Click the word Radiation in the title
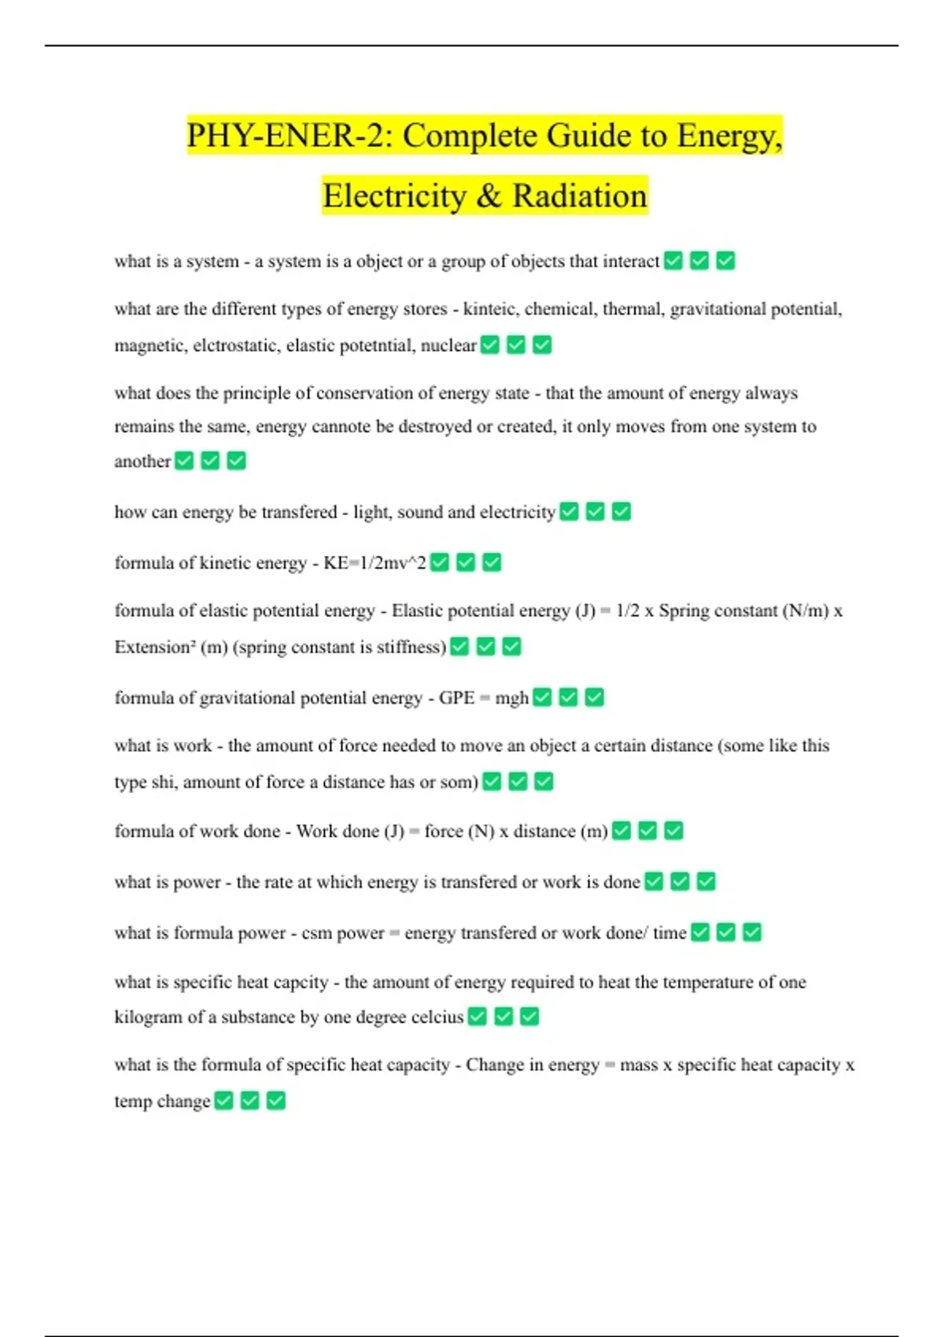580,196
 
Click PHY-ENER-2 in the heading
288,136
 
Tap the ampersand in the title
489,196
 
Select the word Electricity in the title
393,196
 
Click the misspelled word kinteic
489,309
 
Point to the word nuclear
448,345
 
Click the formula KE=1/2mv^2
375,563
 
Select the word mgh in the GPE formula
511,698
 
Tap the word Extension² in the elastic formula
155,647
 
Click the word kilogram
148,1017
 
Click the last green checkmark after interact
725,260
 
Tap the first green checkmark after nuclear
490,344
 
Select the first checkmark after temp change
224,1100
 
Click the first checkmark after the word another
184,461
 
